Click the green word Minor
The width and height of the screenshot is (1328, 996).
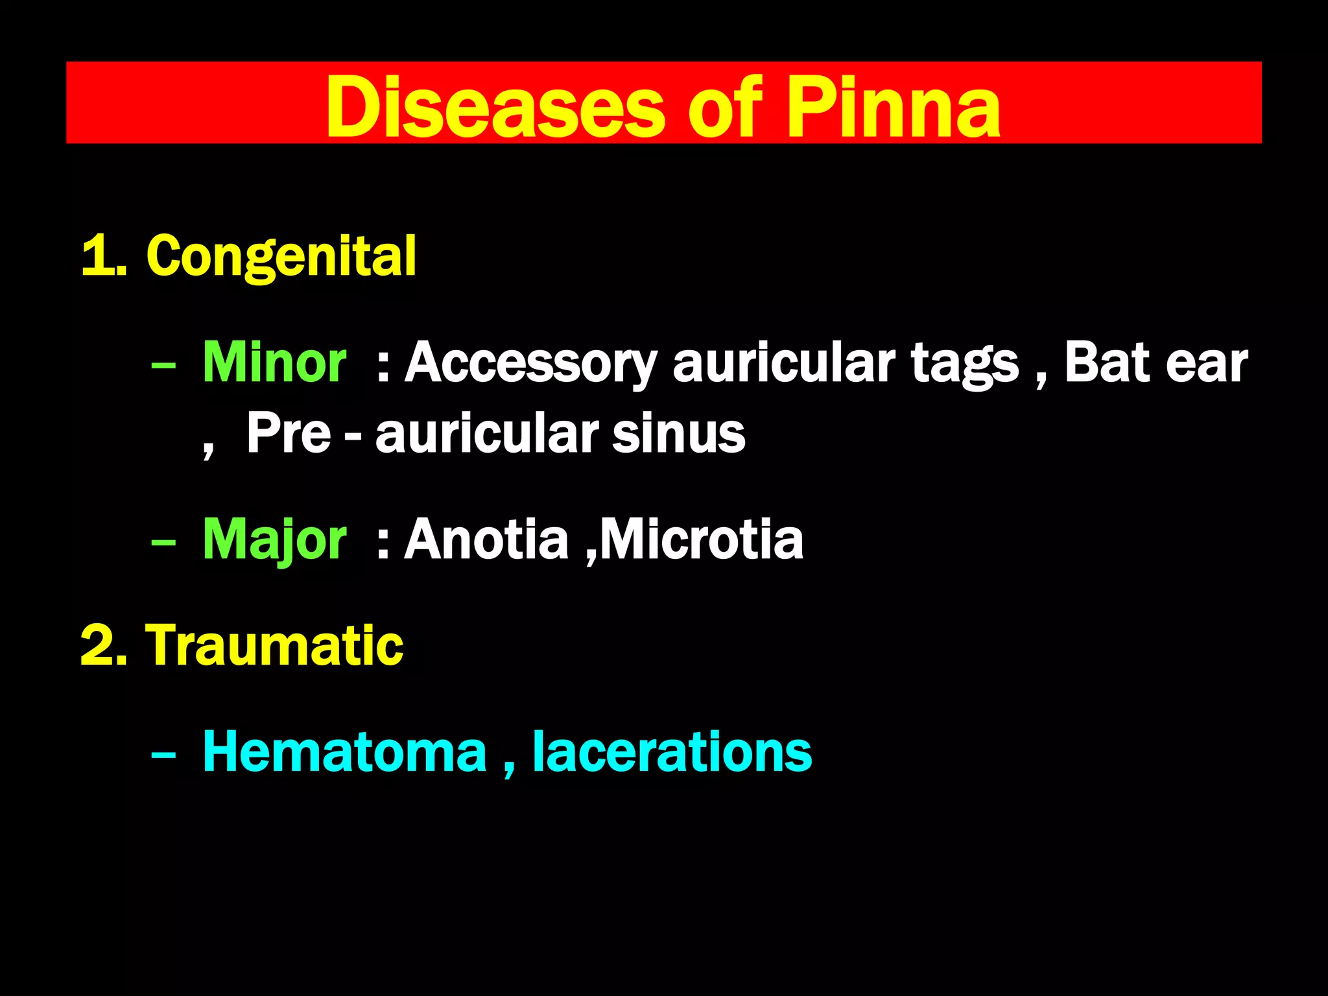pos(274,362)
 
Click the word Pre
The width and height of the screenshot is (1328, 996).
pos(289,433)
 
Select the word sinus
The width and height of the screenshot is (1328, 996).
pos(679,433)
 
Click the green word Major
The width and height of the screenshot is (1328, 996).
pos(274,539)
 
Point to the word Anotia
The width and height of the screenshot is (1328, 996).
pos(486,539)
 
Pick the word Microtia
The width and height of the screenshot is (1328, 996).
pos(702,539)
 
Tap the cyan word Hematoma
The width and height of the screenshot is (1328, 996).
pos(344,752)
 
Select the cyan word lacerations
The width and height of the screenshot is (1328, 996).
pos(672,752)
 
